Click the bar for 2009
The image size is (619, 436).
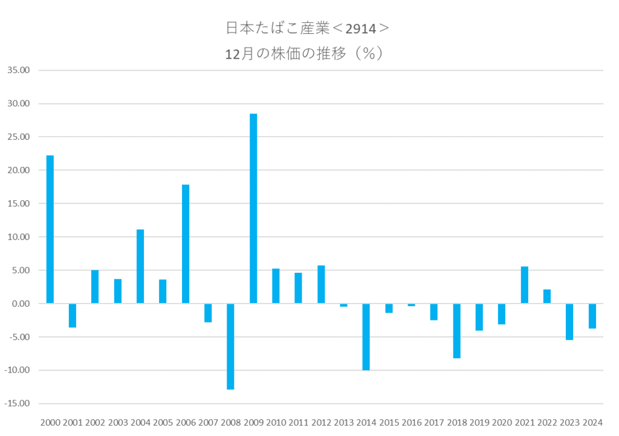[253, 209]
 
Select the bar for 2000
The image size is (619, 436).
[50, 229]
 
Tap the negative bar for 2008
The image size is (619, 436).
[230, 347]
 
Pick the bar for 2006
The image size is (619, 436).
[186, 244]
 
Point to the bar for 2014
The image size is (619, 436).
[366, 337]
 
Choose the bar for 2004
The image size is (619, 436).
[140, 266]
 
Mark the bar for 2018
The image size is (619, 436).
[456, 331]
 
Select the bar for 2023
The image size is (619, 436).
[569, 322]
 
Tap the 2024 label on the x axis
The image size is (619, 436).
[592, 421]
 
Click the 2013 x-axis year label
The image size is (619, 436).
[343, 421]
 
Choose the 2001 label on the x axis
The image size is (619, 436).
[73, 421]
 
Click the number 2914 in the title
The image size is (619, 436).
[361, 28]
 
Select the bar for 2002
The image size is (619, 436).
[95, 287]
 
